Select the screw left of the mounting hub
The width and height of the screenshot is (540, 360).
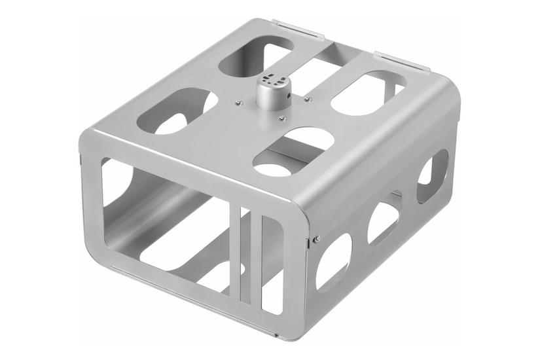coord(239,102)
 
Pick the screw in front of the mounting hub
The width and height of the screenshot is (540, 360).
coord(281,118)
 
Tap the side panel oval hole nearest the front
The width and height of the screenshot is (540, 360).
coord(333,261)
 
